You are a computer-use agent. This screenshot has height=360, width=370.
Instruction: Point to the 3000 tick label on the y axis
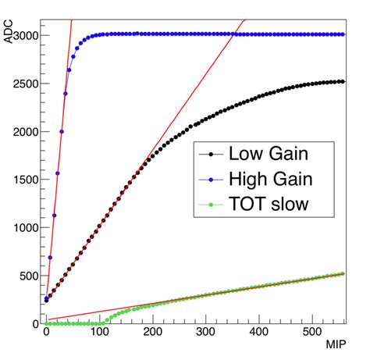23,35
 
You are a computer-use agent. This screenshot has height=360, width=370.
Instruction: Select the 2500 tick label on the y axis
23,84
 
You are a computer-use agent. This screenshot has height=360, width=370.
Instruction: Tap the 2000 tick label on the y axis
23,131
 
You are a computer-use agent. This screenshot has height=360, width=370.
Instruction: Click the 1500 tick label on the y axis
23,180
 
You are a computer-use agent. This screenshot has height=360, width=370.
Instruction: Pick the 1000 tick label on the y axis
23,227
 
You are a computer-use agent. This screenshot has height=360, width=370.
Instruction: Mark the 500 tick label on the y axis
27,276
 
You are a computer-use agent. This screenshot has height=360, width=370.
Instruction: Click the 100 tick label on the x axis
99,333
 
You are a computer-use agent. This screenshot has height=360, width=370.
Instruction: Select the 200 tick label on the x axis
152,333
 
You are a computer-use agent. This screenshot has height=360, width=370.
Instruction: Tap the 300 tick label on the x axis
206,333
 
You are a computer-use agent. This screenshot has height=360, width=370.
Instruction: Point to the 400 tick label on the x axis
259,333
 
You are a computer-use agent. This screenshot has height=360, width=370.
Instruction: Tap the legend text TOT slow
266,205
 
